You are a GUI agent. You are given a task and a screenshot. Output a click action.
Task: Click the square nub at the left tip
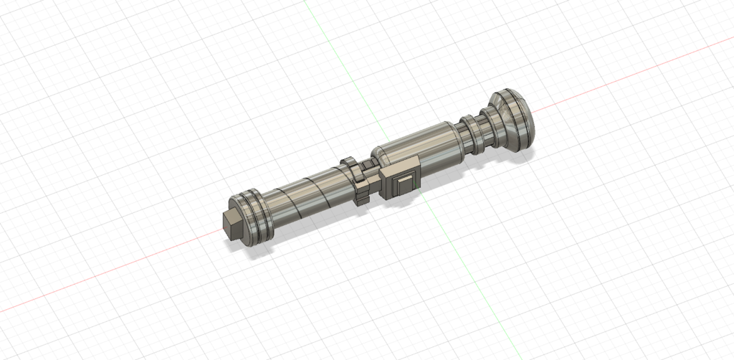(232, 225)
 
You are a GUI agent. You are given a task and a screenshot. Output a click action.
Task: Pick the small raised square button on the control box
(406, 182)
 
